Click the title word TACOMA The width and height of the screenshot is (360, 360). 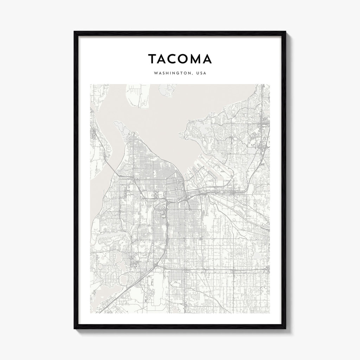[x=180, y=59]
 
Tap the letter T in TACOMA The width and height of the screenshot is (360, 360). [x=152, y=59]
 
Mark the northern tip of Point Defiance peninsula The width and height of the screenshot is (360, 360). [x=116, y=123]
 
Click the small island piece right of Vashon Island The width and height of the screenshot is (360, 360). [x=167, y=90]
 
